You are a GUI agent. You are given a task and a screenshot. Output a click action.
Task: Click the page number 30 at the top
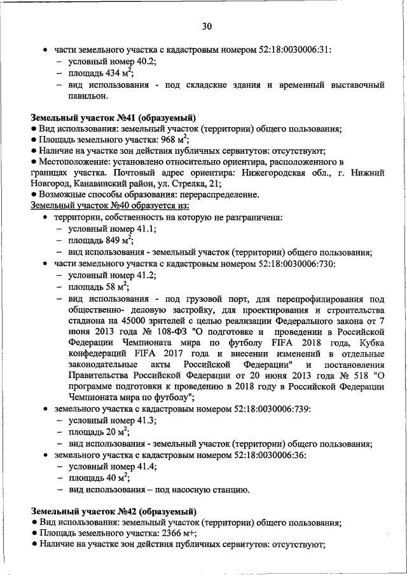(207, 26)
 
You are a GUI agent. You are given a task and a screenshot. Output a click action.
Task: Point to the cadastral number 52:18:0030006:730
(298, 263)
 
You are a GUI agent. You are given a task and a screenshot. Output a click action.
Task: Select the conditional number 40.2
(146, 62)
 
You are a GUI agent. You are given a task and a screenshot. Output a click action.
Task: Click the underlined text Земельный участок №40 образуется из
(110, 206)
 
